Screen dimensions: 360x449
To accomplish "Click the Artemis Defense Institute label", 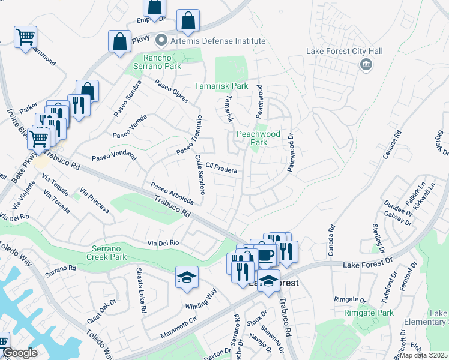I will tap(217, 41).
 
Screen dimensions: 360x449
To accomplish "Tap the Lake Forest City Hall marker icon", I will tap(364, 65).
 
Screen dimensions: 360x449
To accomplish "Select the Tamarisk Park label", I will tap(221, 86).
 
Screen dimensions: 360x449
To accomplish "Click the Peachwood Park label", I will tap(259, 138).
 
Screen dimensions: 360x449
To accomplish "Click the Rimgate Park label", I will tap(369, 313).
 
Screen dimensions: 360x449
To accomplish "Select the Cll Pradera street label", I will tap(221, 167).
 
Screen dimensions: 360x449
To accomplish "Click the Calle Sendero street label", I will tap(200, 174).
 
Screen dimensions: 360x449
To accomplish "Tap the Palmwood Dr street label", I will tap(291, 153).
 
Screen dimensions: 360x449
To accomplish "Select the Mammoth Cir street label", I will tap(178, 329).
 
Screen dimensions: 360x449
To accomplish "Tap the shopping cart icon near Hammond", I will tap(25, 37).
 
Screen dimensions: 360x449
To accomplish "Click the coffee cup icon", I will tap(265, 254).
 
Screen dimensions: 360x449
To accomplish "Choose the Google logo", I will tap(19, 353).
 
